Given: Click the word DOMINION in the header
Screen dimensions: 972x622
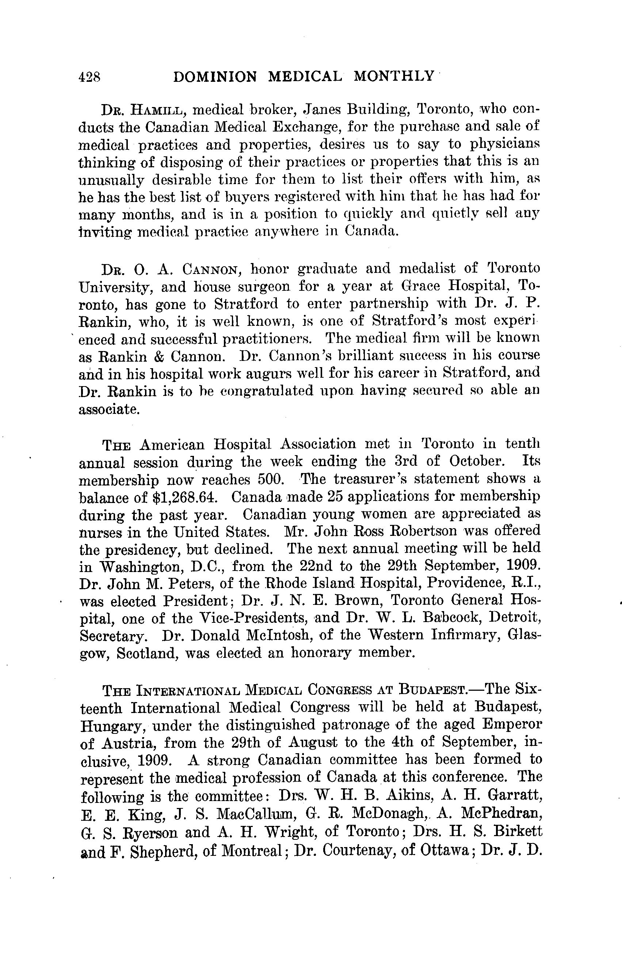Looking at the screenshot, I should click(x=214, y=77).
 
